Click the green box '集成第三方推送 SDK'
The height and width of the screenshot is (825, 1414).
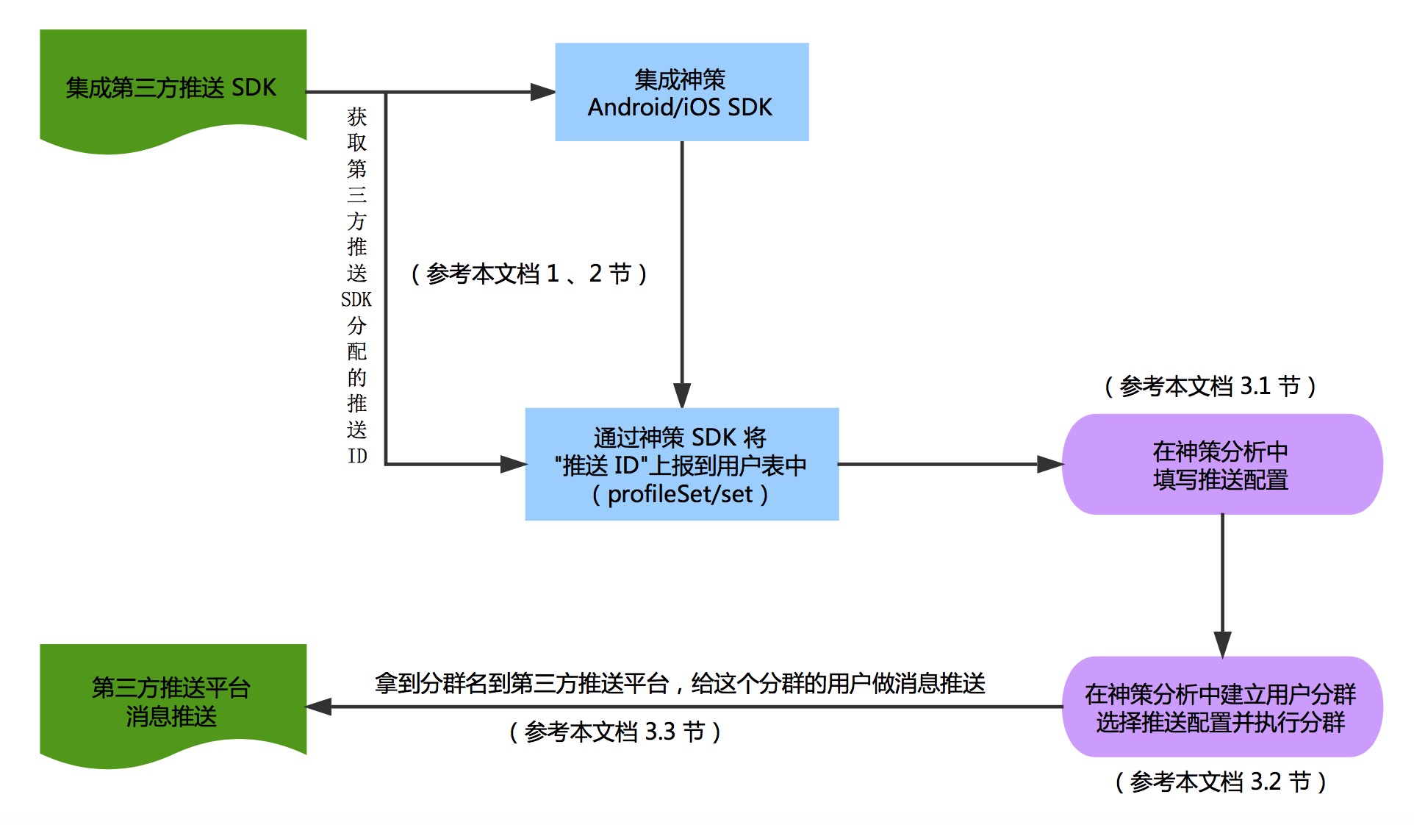[172, 87]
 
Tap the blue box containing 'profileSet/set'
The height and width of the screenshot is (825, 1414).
[681, 465]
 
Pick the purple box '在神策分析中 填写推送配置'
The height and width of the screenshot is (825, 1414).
[1221, 465]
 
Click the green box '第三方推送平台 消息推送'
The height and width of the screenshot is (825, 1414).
[172, 701]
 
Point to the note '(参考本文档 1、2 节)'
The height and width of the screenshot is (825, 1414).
[528, 274]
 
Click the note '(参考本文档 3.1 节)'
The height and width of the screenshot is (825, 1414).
[1210, 386]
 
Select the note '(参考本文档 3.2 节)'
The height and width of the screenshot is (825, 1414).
[1220, 782]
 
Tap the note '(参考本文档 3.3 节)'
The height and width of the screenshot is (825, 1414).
[614, 732]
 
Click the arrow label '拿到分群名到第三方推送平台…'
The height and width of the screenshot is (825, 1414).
[680, 684]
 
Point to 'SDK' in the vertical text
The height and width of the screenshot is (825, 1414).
[356, 300]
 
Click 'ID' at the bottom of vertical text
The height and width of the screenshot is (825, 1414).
[357, 457]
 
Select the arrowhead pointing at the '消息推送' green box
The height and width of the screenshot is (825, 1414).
[319, 707]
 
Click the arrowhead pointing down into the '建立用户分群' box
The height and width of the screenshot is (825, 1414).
[1222, 644]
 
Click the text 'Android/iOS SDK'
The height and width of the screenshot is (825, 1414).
[680, 107]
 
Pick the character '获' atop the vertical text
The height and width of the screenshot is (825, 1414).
[357, 117]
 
